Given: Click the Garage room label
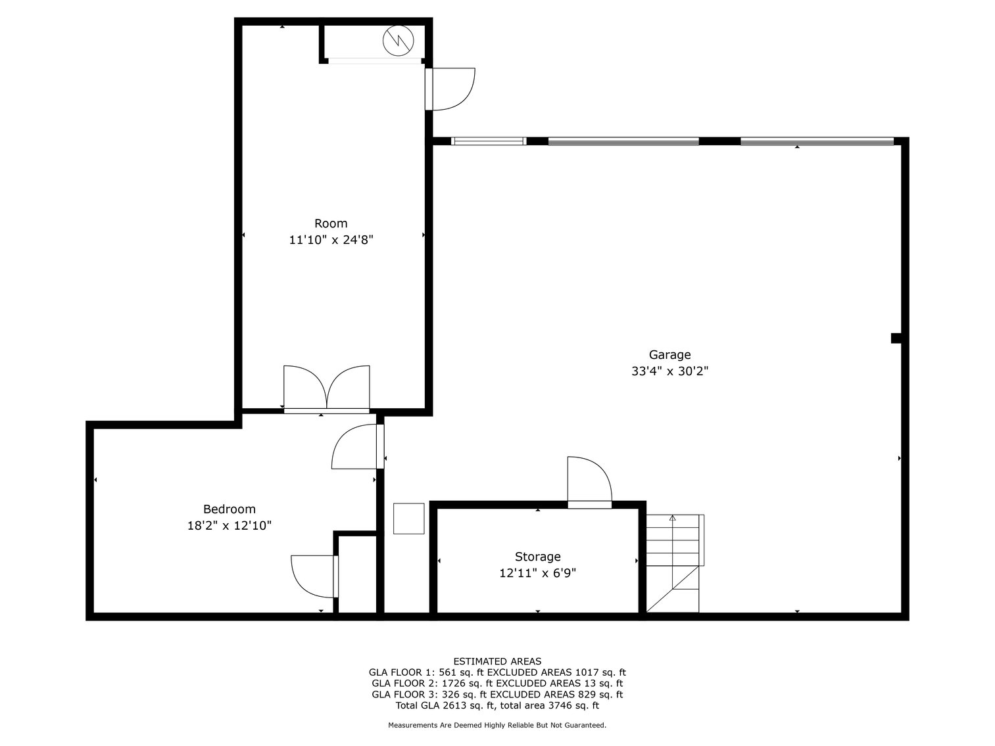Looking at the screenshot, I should tap(669, 355).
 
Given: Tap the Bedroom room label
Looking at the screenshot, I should tap(229, 509).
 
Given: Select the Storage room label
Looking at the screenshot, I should tap(537, 557).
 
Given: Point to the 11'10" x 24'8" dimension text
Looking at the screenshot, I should tap(331, 240).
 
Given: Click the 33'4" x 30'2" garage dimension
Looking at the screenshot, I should tap(669, 371).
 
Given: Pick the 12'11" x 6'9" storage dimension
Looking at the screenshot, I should tap(537, 573).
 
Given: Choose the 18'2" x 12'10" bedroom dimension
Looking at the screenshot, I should tap(229, 526).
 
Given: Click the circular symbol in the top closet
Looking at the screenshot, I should tap(399, 41).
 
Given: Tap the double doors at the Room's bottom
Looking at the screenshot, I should tap(327, 388).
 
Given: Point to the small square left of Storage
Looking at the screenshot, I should tap(409, 519).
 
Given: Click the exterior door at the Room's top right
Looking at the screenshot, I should tap(450, 89).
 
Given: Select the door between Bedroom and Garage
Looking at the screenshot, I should tap(356, 447).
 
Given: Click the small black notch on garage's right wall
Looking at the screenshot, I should tap(896, 338).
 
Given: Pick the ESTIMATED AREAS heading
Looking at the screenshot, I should tap(497, 661).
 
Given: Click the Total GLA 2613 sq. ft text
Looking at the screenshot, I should tap(497, 706).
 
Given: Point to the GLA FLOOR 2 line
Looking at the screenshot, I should tap(497, 684).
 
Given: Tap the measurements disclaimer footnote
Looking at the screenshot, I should tap(497, 726).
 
